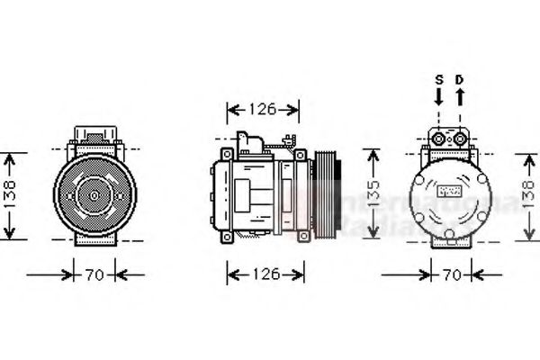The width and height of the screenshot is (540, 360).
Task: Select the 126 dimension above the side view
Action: (x=262, y=111)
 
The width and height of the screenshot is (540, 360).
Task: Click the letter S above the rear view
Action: (x=439, y=79)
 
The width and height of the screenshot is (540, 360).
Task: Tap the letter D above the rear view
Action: (x=459, y=79)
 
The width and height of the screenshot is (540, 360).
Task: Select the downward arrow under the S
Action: (x=439, y=97)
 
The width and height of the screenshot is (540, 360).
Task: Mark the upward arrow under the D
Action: (x=459, y=97)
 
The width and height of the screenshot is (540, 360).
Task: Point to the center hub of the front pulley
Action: (x=92, y=193)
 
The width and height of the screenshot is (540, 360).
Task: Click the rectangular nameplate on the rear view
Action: (x=448, y=192)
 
